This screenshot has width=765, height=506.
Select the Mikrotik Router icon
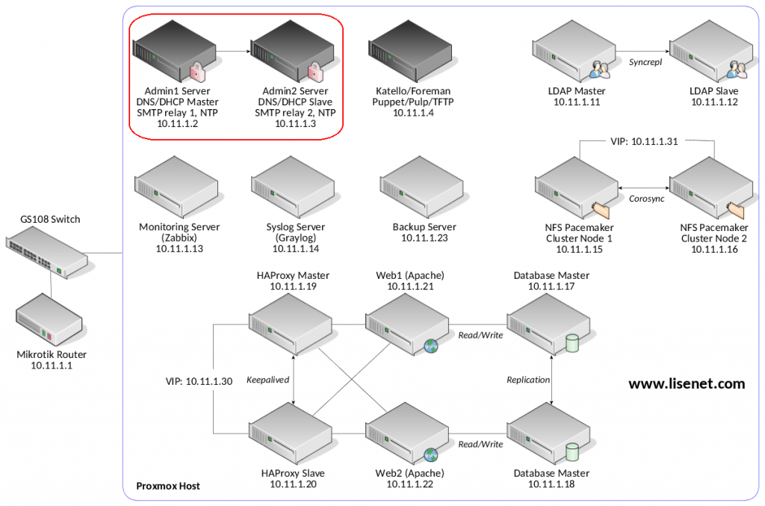(x=49, y=318)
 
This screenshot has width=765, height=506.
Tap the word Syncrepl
(x=645, y=61)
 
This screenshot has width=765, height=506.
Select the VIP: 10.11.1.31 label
(x=643, y=140)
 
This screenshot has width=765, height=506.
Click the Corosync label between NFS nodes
(x=645, y=200)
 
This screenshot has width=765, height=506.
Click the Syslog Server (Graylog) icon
(x=292, y=192)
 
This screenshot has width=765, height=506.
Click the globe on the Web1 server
(x=431, y=345)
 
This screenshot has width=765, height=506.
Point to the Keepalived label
(x=267, y=380)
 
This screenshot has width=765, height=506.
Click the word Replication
(x=528, y=380)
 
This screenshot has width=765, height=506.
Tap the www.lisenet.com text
(x=687, y=384)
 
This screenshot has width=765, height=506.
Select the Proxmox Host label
(x=168, y=486)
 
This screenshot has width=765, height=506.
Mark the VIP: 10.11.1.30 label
(x=199, y=381)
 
